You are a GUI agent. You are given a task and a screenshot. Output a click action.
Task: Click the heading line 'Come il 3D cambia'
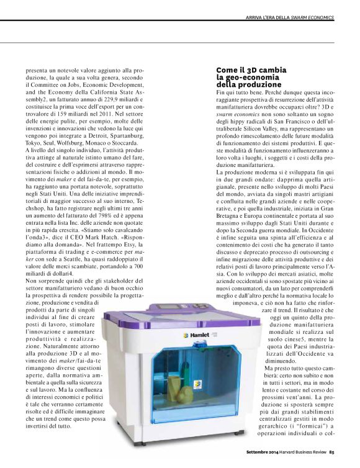click(247, 70)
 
